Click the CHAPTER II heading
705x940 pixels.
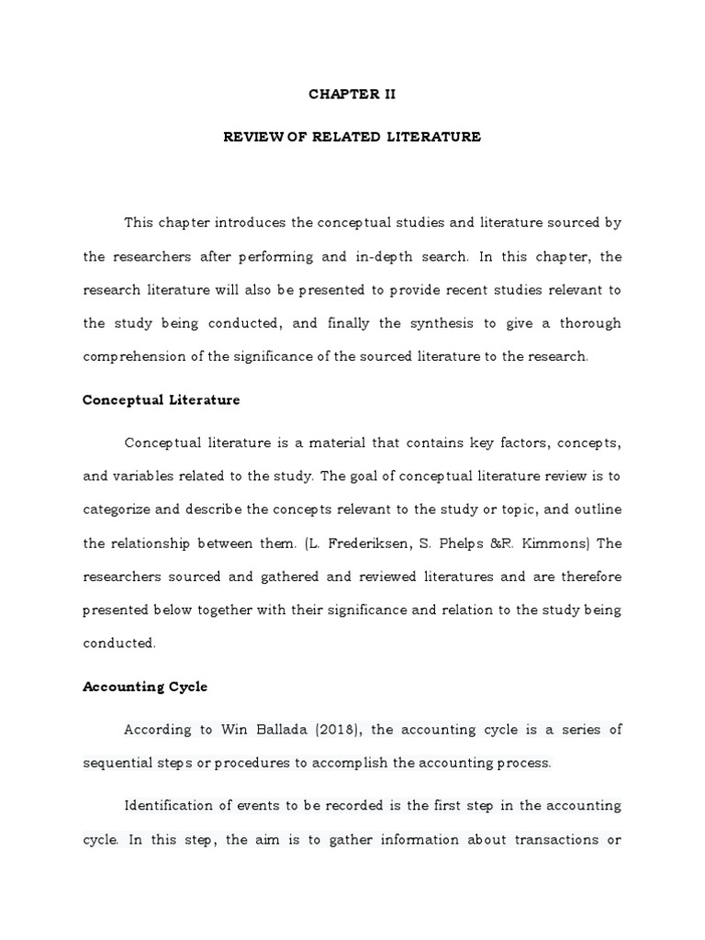pos(352,95)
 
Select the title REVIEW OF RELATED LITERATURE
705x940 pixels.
pos(352,137)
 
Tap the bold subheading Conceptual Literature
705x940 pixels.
pos(162,399)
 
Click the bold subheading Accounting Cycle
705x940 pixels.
pos(145,686)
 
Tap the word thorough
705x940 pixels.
pos(587,323)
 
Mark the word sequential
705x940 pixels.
pos(119,763)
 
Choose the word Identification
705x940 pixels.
pos(175,806)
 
